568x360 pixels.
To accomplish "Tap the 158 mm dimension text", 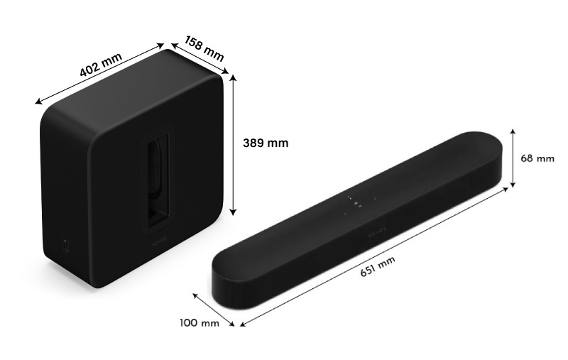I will coord(204,48).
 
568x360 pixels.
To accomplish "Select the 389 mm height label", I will coord(266,143).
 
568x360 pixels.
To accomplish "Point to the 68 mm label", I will coord(537,158).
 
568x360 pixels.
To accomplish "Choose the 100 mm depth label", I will coord(200,324).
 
